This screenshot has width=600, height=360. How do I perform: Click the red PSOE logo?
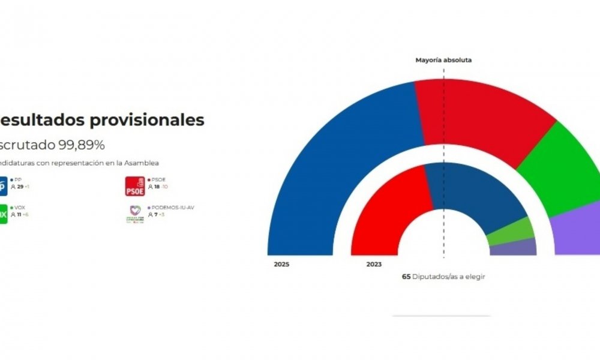pyautogui.click(x=135, y=187)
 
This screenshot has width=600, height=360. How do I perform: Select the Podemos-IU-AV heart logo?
pyautogui.click(x=135, y=214)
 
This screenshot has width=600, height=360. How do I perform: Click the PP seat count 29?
pyautogui.click(x=20, y=187)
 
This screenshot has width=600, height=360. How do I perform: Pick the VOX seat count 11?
pyautogui.click(x=19, y=214)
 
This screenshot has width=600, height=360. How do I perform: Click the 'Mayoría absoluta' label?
pyautogui.click(x=444, y=60)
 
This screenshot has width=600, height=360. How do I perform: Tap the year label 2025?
pyautogui.click(x=281, y=264)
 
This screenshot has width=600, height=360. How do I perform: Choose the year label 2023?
pyautogui.click(x=373, y=264)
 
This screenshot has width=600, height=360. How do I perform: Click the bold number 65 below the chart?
pyautogui.click(x=406, y=277)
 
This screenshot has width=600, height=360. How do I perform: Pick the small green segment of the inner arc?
pyautogui.click(x=512, y=231)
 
